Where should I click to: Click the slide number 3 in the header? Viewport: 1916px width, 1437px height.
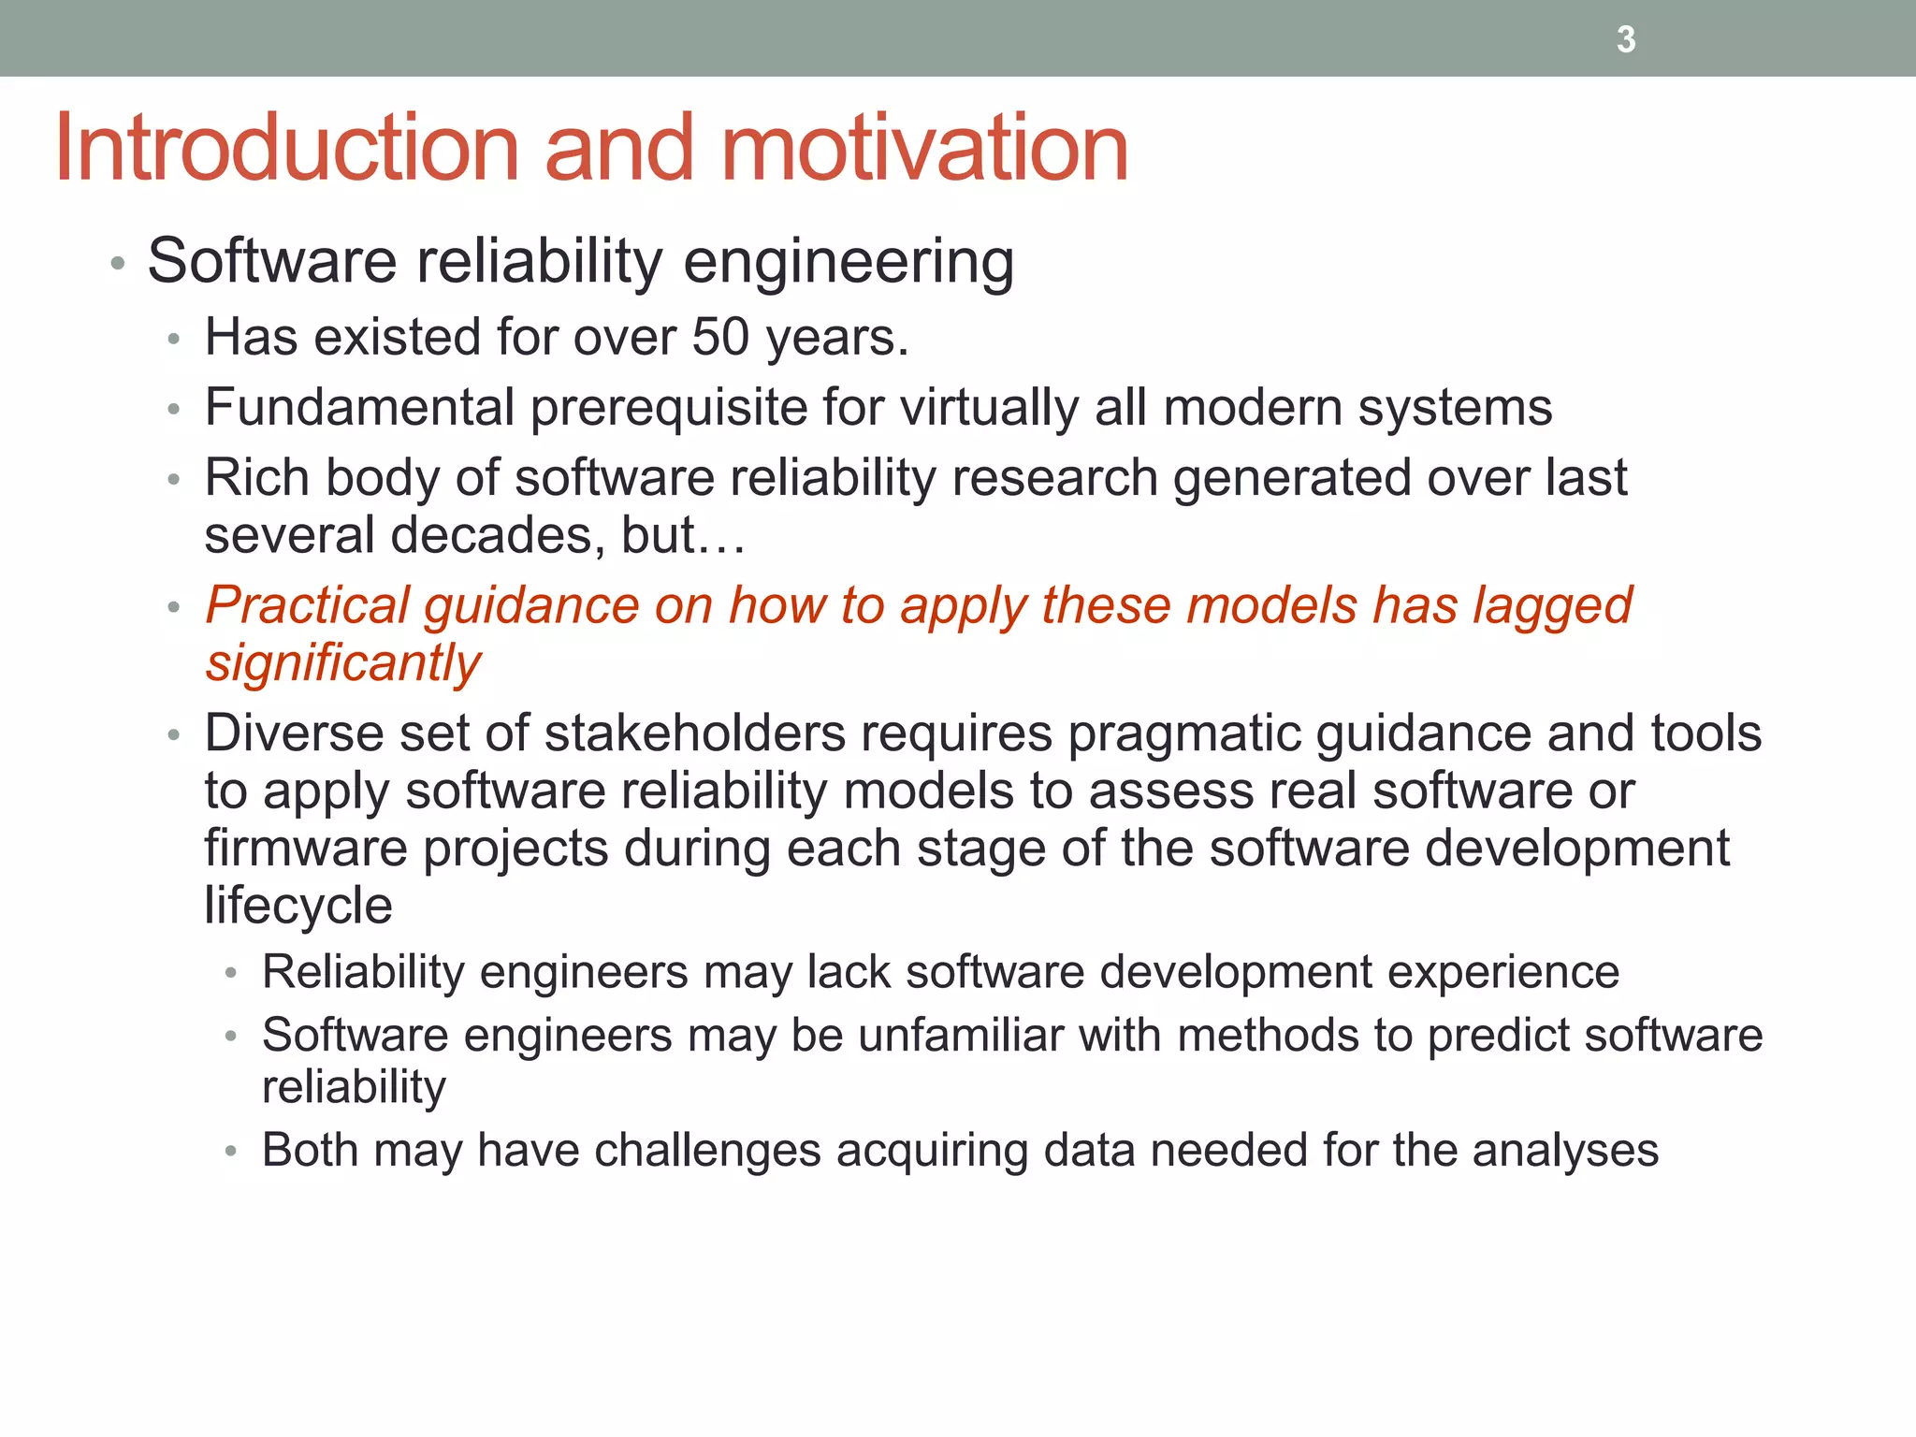[1626, 40]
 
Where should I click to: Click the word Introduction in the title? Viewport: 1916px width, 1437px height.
[286, 149]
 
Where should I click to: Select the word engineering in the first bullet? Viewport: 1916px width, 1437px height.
[849, 262]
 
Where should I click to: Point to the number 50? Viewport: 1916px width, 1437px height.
[720, 337]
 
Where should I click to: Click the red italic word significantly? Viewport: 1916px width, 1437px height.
[342, 664]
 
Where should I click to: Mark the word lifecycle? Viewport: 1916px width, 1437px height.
[298, 906]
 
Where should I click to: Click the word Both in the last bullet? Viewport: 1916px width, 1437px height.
[310, 1150]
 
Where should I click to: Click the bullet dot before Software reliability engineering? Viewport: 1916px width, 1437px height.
[117, 264]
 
